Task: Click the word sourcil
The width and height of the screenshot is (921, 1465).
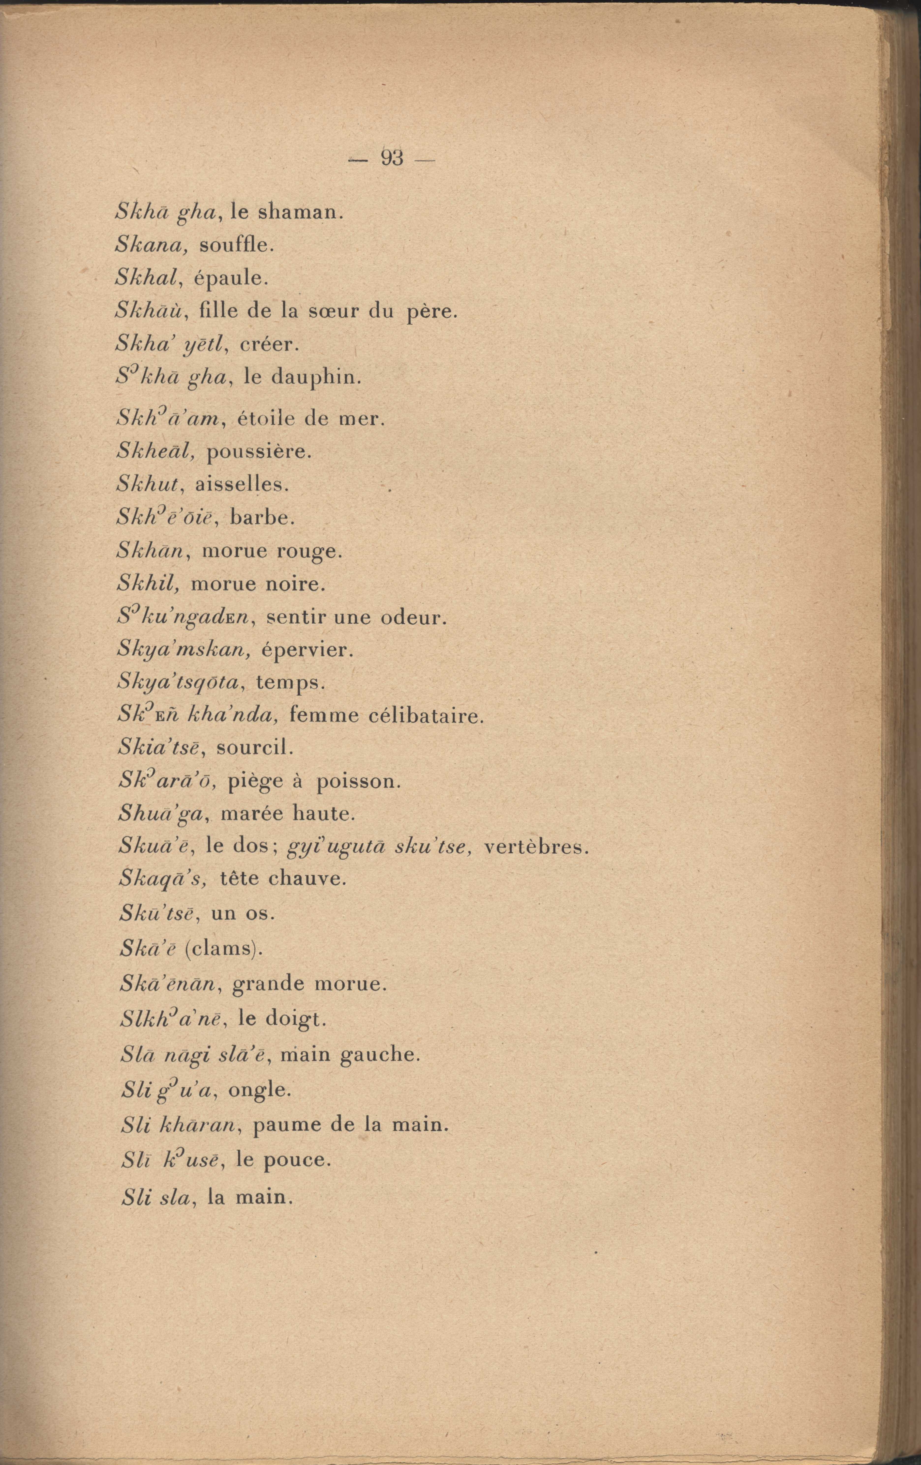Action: [255, 748]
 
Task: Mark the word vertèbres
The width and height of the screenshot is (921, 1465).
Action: [535, 848]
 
